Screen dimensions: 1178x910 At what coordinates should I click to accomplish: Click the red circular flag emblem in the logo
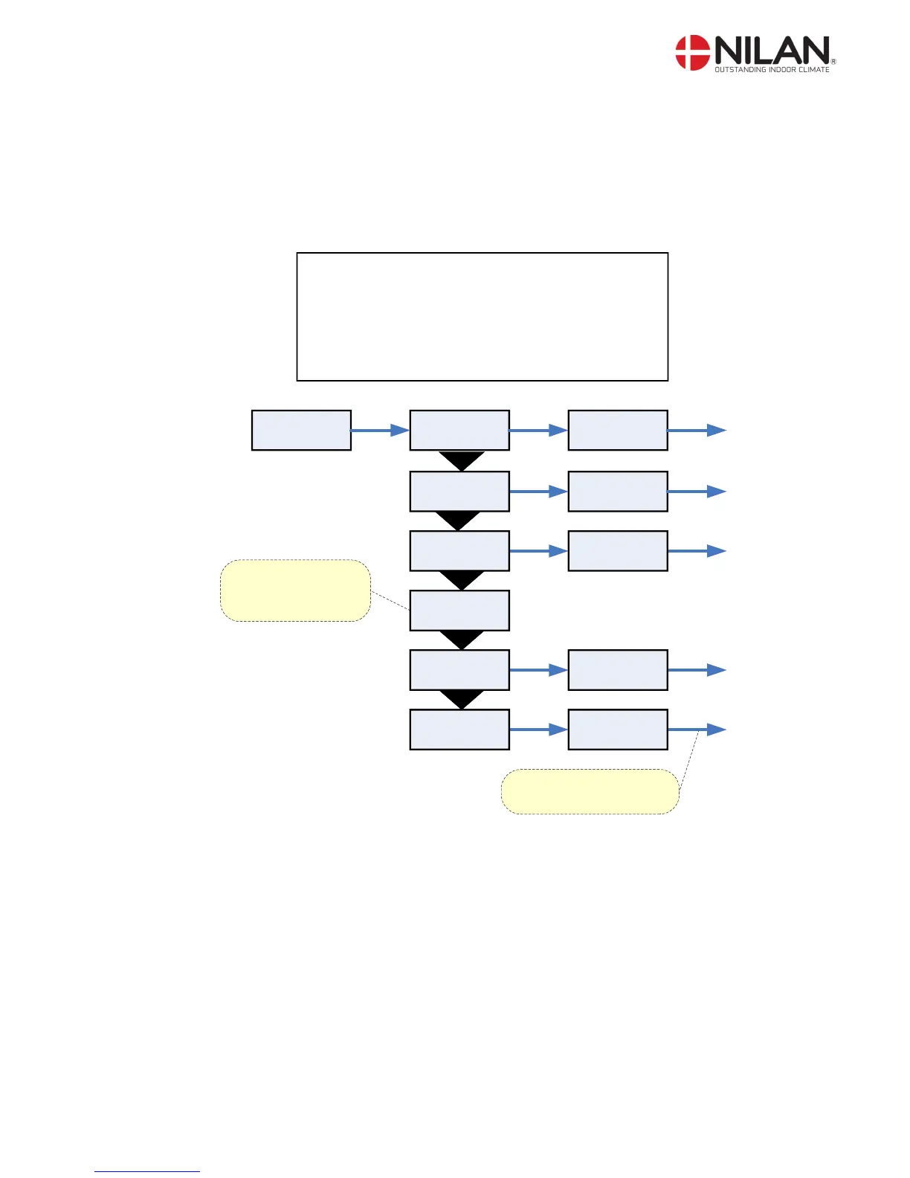point(692,53)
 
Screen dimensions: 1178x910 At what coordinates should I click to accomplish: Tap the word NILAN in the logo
point(772,51)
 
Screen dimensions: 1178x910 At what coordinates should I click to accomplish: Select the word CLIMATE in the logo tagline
point(814,70)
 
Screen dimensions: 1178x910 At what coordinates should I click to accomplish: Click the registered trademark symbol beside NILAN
point(833,62)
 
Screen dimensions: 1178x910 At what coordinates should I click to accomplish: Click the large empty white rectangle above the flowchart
point(482,316)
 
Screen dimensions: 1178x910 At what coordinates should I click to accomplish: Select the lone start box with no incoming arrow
point(301,430)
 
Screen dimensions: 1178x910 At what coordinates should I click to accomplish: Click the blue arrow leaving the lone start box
point(379,430)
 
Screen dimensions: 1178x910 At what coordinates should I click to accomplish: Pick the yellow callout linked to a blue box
point(295,590)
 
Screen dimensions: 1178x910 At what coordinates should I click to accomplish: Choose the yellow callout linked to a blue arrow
point(590,791)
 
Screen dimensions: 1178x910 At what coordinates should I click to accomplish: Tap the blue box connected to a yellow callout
point(459,610)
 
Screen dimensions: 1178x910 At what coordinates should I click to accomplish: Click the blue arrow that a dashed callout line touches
point(697,730)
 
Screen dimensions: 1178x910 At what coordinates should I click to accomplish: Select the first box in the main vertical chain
point(459,430)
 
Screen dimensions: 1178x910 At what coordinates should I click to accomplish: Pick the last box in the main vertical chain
point(459,729)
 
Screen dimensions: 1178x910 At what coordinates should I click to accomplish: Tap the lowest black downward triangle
point(461,699)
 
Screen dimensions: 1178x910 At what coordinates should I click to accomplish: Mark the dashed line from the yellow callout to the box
point(390,601)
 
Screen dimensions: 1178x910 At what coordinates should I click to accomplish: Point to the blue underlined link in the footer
point(147,1171)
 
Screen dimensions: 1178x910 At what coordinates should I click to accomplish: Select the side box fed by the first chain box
point(617,430)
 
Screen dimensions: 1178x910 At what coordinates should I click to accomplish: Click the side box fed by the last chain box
point(617,729)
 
